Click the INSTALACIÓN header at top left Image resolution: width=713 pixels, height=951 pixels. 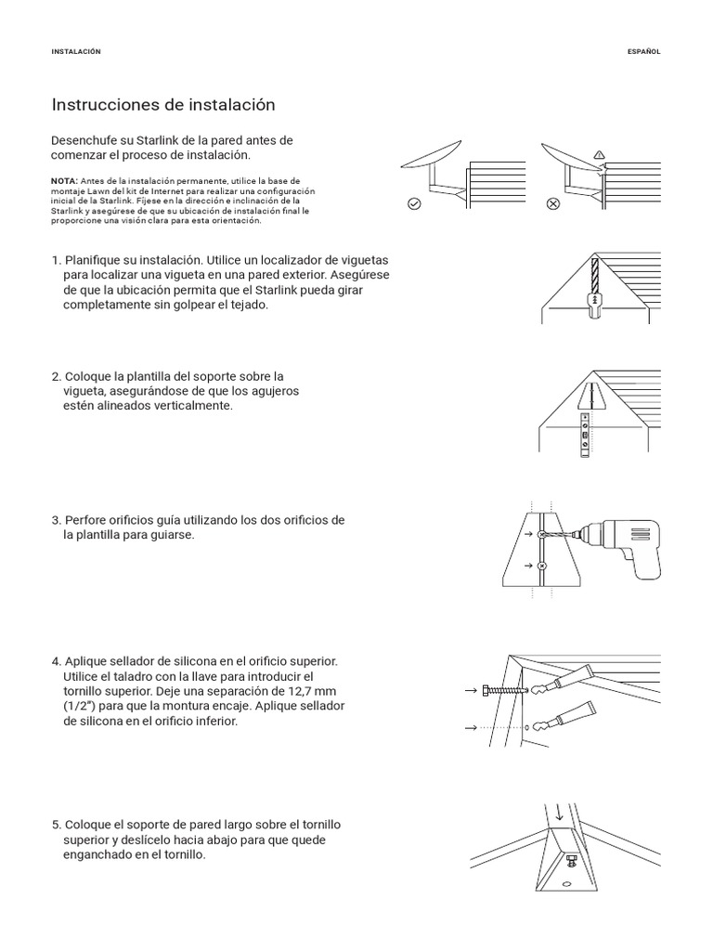point(75,52)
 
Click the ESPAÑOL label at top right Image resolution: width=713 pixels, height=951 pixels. point(643,52)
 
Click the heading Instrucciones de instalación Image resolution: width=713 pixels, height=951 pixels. point(163,105)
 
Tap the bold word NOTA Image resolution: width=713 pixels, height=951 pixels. point(64,179)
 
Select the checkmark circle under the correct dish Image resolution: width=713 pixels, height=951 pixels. point(414,203)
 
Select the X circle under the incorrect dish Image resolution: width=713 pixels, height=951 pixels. point(553,203)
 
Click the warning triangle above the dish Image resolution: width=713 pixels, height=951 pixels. point(599,154)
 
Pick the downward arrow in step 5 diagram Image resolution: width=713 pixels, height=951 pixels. point(559,813)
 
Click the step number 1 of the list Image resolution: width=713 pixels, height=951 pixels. point(56,261)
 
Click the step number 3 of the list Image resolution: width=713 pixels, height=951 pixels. point(56,520)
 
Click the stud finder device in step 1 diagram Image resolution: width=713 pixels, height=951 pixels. point(594,300)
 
